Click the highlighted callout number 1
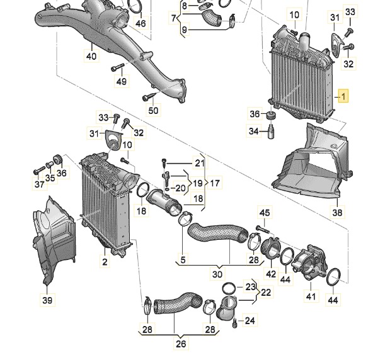pyautogui.click(x=343, y=96)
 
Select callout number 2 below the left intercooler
pyautogui.click(x=105, y=260)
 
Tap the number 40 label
pyautogui.click(x=91, y=56)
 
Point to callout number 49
pyautogui.click(x=120, y=82)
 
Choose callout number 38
pyautogui.click(x=338, y=213)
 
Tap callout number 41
pyautogui.click(x=310, y=295)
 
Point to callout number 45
pyautogui.click(x=265, y=213)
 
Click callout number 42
pyautogui.click(x=271, y=274)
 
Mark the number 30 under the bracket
pyautogui.click(x=218, y=274)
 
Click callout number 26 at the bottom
pyautogui.click(x=181, y=344)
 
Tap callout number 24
pyautogui.click(x=250, y=320)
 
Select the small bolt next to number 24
pyautogui.click(x=235, y=323)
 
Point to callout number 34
pyautogui.click(x=254, y=131)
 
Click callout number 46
pyautogui.click(x=140, y=24)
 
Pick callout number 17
pyautogui.click(x=215, y=183)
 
